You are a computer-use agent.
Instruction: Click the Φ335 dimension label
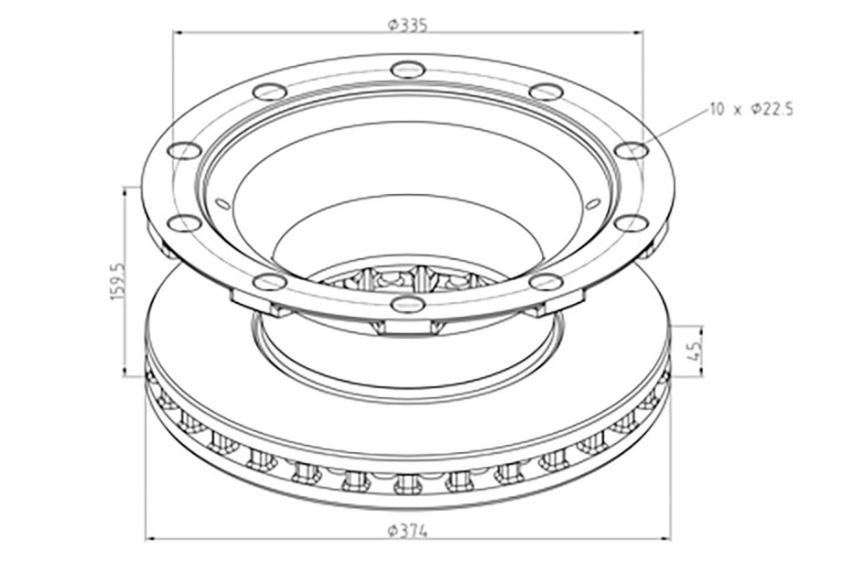click(x=407, y=26)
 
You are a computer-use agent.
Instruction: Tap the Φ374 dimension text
click(x=407, y=531)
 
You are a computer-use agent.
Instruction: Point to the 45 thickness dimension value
click(x=695, y=351)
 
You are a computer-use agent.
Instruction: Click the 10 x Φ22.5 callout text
click(x=751, y=110)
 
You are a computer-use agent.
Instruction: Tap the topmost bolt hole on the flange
click(x=407, y=70)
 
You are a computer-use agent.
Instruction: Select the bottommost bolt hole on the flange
click(x=407, y=304)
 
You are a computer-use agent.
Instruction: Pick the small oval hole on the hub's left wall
click(x=222, y=203)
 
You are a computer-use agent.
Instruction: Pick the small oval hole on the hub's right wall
click(x=592, y=204)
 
